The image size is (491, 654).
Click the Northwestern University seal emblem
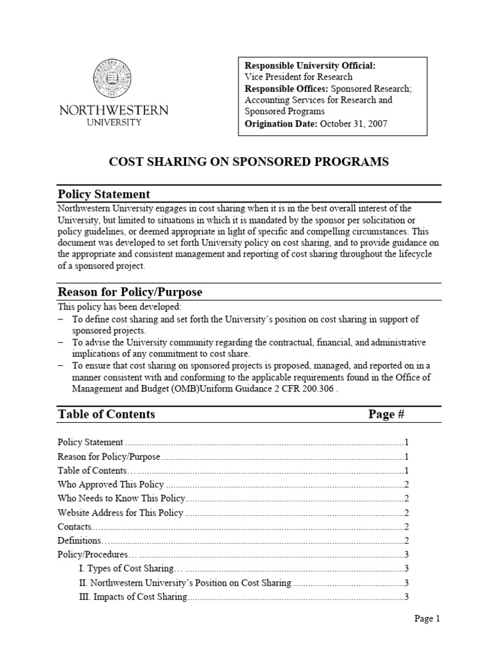114,79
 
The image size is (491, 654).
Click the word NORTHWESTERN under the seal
114,110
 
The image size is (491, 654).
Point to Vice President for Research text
299,77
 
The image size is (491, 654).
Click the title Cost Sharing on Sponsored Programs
249,162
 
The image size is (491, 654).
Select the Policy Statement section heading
104,194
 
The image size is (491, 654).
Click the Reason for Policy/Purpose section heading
130,292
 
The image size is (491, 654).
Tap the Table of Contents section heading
106,414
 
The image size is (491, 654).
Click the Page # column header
386,414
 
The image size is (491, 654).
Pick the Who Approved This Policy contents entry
111,484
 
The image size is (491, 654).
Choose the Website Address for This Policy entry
120,512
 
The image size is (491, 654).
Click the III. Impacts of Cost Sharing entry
133,597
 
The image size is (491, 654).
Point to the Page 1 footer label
428,618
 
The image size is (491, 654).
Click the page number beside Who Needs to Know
406,498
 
